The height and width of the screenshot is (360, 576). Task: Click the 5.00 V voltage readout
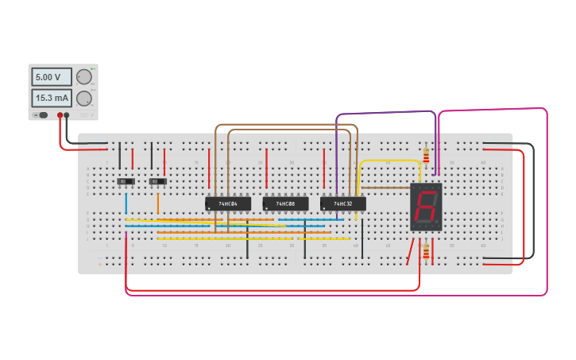[51, 77]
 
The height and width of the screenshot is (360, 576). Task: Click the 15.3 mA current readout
[51, 98]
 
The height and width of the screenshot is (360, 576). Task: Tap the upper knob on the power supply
[83, 77]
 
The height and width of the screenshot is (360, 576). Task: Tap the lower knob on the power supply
[83, 99]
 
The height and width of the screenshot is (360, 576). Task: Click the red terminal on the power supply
[60, 115]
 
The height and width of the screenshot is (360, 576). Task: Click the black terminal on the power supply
[67, 115]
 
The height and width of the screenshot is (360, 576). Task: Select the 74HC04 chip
[228, 203]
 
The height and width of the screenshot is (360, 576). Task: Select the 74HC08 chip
[285, 203]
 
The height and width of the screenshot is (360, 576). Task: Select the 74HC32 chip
[342, 203]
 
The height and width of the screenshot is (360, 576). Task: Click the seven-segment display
[426, 207]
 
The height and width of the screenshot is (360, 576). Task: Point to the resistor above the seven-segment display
[426, 155]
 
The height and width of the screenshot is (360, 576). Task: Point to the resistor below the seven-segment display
[426, 252]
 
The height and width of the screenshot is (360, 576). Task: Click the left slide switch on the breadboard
[126, 181]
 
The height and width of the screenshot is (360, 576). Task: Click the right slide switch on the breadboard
[158, 181]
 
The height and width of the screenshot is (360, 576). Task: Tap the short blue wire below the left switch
[126, 203]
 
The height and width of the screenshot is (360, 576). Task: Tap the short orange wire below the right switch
[158, 203]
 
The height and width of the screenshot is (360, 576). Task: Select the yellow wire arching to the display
[389, 161]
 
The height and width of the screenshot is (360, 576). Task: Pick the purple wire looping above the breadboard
[385, 114]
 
